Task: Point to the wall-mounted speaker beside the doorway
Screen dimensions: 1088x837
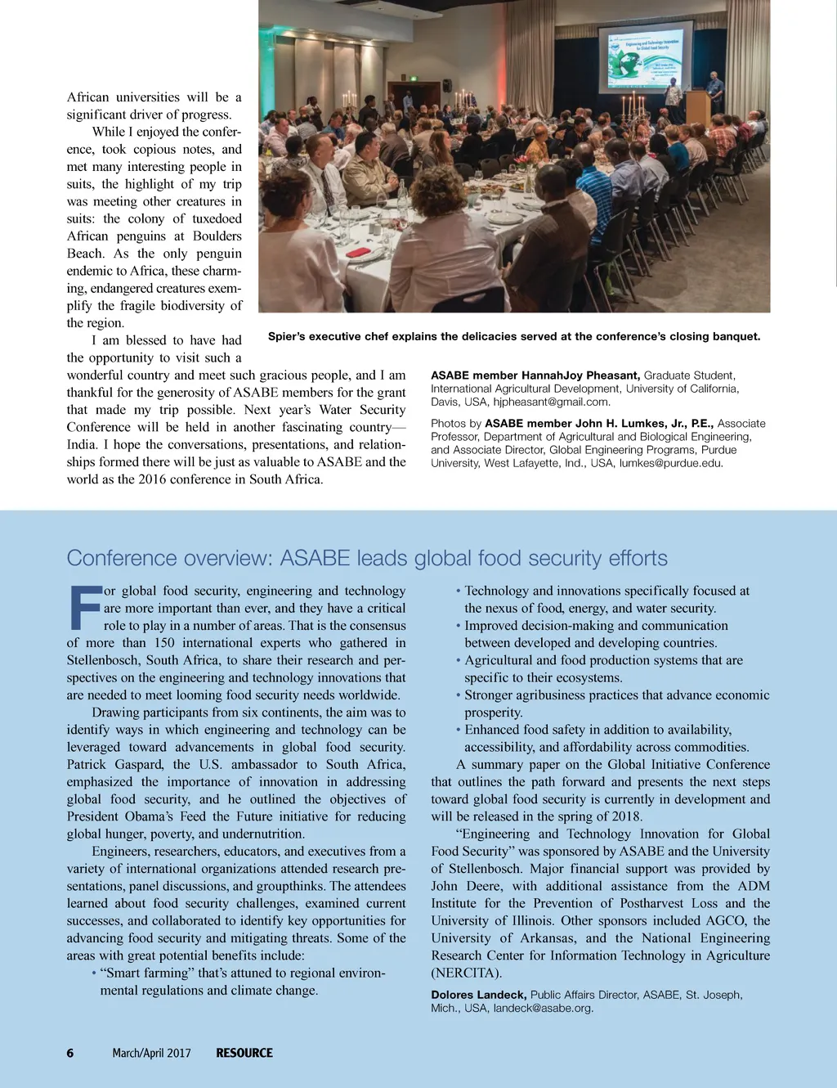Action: click(447, 85)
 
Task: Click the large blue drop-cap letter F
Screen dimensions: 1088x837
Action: click(83, 608)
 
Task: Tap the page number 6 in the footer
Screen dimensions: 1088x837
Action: click(70, 1053)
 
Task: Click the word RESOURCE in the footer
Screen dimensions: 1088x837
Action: click(244, 1053)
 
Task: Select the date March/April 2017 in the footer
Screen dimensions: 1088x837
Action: click(151, 1053)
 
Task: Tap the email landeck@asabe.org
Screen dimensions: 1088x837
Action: click(543, 1008)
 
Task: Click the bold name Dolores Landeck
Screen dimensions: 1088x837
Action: click(478, 995)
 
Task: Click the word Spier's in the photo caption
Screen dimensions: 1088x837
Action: click(288, 336)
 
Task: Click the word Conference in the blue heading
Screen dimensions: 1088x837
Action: click(120, 558)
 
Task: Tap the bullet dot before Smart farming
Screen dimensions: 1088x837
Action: click(94, 973)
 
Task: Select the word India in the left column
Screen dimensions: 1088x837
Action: click(83, 444)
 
